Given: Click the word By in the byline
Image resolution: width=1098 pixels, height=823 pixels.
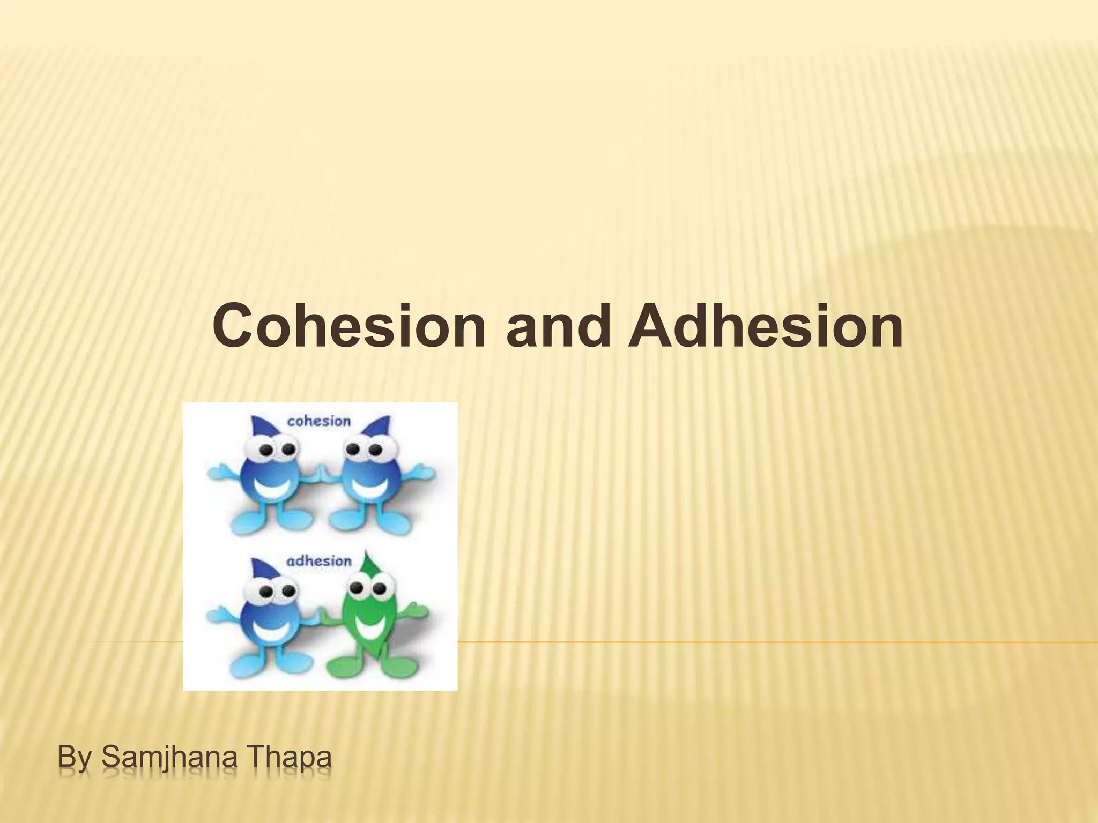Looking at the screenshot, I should [74, 760].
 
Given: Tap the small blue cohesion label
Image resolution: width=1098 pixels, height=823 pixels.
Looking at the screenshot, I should [318, 421].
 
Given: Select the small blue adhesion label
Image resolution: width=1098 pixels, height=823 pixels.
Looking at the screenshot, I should [318, 561].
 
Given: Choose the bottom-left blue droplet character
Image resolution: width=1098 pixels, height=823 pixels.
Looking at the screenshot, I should [268, 616].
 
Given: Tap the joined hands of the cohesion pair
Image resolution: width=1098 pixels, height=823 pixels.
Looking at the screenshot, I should [320, 474].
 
